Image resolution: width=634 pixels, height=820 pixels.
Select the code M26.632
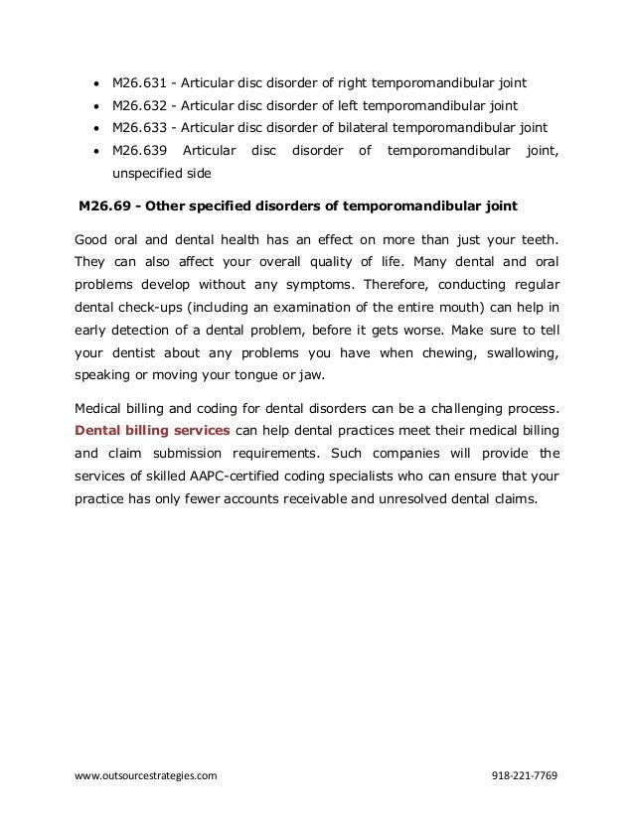(x=138, y=105)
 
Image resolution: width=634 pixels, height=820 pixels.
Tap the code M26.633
(x=138, y=128)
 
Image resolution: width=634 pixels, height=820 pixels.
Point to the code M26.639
(x=138, y=151)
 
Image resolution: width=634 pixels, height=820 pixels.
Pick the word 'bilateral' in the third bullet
(x=353, y=128)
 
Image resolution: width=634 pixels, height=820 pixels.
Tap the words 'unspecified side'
(x=154, y=173)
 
